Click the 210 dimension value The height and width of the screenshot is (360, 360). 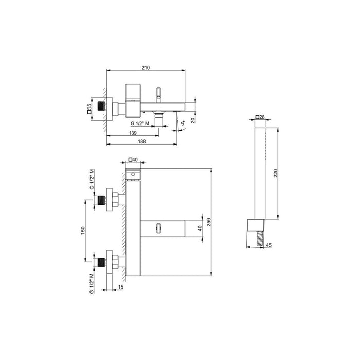pyautogui.click(x=146, y=68)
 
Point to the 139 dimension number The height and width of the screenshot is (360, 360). pyautogui.click(x=133, y=133)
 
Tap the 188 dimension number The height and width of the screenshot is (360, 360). pyautogui.click(x=141, y=141)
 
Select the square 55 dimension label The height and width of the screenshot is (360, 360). pyautogui.click(x=89, y=109)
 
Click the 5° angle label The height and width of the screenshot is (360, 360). pyautogui.click(x=183, y=123)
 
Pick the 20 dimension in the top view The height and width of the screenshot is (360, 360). pyautogui.click(x=193, y=120)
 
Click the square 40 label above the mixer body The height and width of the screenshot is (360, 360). pyautogui.click(x=133, y=160)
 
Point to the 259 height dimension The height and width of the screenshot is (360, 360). pyautogui.click(x=208, y=222)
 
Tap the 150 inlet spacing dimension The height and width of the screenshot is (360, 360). pyautogui.click(x=83, y=230)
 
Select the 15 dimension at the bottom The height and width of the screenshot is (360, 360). pyautogui.click(x=121, y=287)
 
